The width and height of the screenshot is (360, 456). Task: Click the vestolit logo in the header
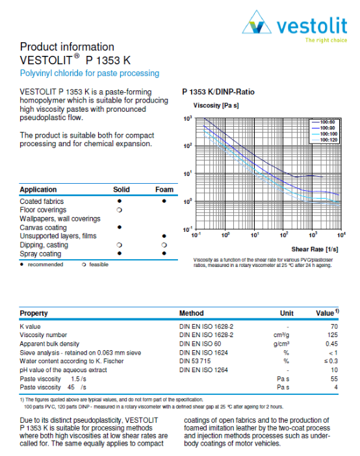(x=295, y=27)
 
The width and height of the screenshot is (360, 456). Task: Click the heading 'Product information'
(x=67, y=47)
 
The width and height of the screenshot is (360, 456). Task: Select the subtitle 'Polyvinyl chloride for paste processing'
(x=89, y=73)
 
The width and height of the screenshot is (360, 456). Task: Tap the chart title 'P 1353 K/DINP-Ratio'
(x=218, y=92)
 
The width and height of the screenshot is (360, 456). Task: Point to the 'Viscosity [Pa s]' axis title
(x=216, y=105)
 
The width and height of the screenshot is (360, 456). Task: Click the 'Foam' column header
(x=164, y=190)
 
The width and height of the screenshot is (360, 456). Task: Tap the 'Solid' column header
(x=122, y=190)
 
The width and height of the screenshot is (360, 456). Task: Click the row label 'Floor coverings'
(x=42, y=210)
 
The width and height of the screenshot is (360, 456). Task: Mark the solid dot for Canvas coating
(x=120, y=227)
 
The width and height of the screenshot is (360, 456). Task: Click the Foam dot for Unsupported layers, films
(x=164, y=236)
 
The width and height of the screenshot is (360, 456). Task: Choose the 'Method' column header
(x=191, y=313)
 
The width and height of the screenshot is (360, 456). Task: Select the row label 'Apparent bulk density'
(x=49, y=343)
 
